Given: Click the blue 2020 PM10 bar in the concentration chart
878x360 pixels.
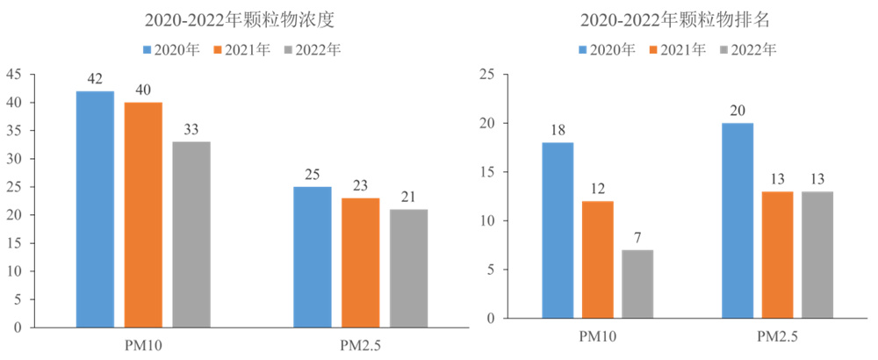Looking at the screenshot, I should (95, 209).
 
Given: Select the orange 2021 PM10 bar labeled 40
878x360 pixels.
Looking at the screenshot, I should (143, 214).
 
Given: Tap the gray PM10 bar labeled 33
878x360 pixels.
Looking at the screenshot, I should (191, 234).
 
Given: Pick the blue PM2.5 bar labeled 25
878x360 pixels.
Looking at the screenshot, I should (313, 256).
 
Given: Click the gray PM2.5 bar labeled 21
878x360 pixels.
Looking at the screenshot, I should (408, 268).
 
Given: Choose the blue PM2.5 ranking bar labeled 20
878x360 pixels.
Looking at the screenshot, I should (738, 220).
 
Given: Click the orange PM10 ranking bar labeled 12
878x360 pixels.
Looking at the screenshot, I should (597, 259).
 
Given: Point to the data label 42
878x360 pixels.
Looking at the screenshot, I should (95, 79).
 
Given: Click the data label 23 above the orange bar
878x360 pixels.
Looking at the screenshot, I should (360, 186).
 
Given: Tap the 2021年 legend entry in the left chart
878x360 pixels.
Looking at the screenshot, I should (241, 49).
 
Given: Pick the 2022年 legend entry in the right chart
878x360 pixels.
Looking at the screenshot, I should (747, 49).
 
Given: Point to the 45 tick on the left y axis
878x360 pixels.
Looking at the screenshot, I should (16, 75).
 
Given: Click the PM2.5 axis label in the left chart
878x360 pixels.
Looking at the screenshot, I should (360, 343).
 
